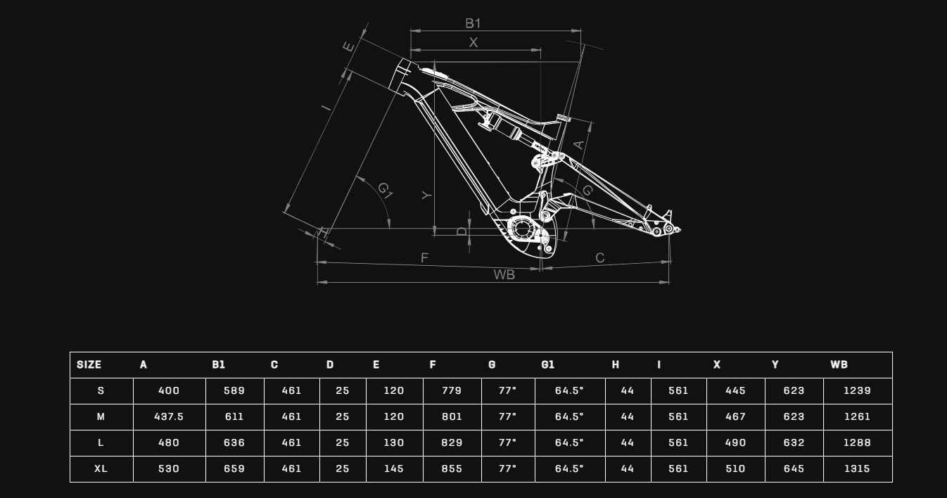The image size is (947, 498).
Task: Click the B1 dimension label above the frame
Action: coord(473,23)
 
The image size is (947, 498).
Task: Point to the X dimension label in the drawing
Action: coord(473,43)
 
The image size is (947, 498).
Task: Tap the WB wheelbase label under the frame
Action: coord(504,275)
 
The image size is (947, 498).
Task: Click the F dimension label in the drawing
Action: coord(424,258)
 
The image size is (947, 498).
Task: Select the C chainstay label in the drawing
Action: coord(600,258)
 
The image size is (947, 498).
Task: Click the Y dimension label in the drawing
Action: coord(426,195)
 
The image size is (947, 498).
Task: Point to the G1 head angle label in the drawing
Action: coord(385,189)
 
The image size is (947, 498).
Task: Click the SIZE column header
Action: coord(89,365)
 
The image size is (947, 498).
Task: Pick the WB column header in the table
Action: coord(839,365)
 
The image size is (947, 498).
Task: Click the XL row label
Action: coord(101,469)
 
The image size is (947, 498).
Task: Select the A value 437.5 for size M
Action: coord(169,417)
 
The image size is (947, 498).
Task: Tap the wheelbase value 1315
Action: coord(857,469)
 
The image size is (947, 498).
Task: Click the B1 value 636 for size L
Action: coord(234,443)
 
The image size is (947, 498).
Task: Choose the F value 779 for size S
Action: coord(452,391)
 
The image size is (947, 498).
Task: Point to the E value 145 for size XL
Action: coord(394,469)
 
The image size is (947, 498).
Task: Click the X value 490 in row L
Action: coord(735,443)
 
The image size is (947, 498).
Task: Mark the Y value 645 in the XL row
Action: coord(794,469)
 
